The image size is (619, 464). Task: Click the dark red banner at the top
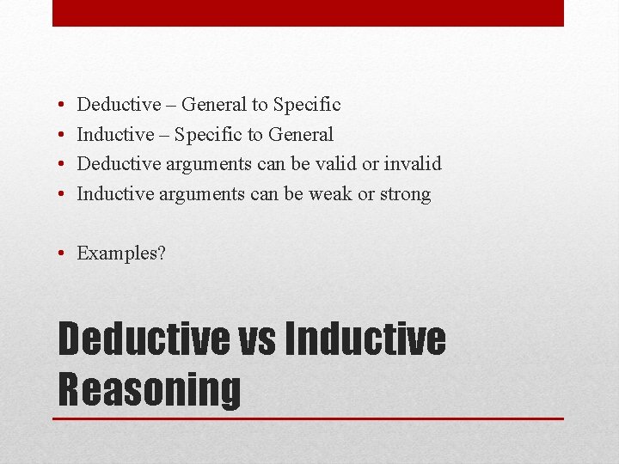click(308, 13)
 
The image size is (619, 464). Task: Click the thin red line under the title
click(308, 418)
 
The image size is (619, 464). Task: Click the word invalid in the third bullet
click(413, 163)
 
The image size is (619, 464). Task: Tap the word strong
click(405, 193)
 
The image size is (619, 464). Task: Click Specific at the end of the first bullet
click(307, 105)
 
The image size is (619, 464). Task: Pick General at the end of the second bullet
click(300, 134)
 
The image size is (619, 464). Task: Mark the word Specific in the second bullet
click(205, 134)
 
